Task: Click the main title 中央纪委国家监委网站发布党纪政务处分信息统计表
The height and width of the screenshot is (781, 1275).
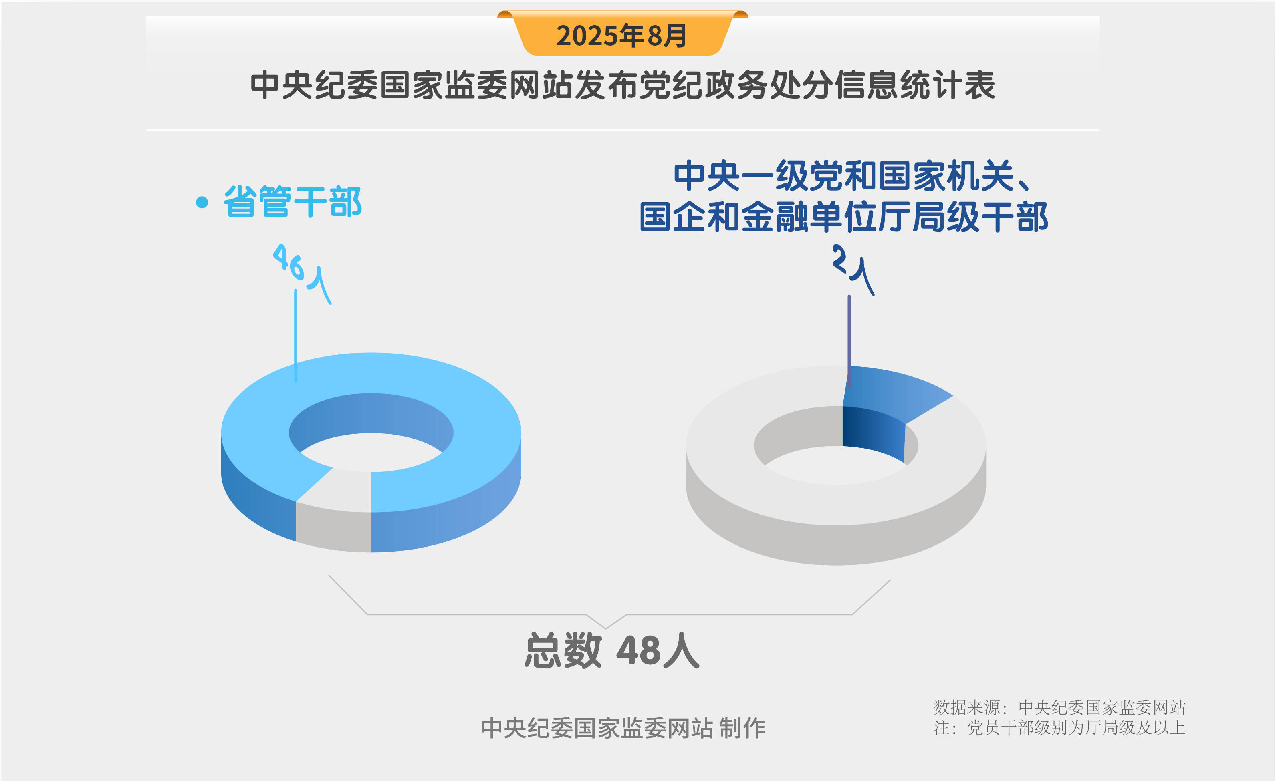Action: click(x=623, y=85)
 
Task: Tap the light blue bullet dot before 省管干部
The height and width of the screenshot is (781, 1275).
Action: click(x=202, y=202)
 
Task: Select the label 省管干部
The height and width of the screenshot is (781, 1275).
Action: click(x=293, y=202)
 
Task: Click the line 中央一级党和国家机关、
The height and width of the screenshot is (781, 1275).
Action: click(x=851, y=176)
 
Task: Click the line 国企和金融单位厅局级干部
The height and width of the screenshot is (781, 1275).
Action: click(x=843, y=217)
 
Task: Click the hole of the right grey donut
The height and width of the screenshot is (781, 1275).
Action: click(x=836, y=465)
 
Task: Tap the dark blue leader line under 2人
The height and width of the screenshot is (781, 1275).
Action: click(x=849, y=336)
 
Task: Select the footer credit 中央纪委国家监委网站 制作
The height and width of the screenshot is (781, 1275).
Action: click(x=623, y=728)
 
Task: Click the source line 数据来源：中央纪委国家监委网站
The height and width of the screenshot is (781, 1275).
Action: click(x=1059, y=707)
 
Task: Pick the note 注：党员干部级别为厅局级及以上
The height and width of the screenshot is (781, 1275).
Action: click(x=1059, y=728)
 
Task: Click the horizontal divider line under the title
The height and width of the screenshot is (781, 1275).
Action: click(x=623, y=130)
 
